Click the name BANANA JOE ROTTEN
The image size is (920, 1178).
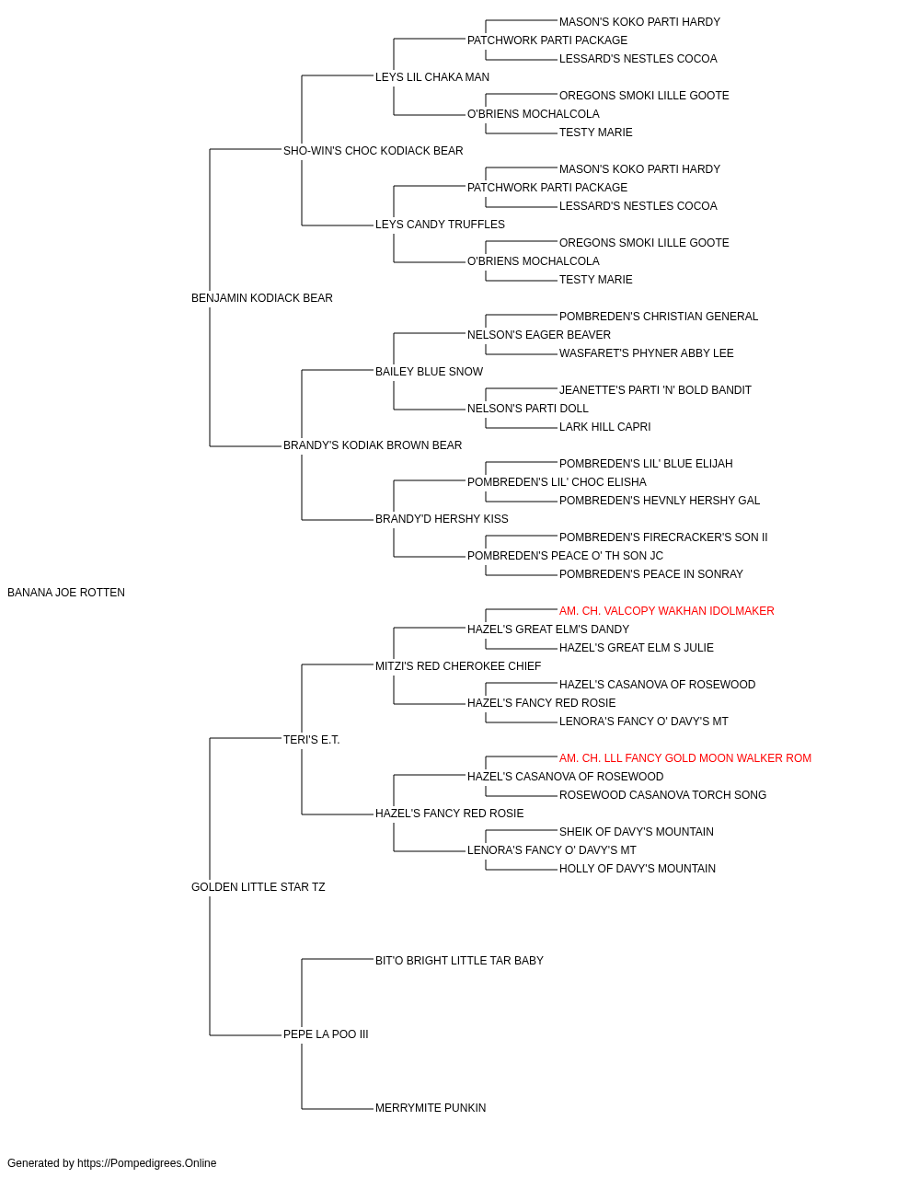(x=66, y=593)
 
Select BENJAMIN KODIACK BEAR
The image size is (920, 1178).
(x=261, y=298)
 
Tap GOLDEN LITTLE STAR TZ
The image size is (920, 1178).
(x=258, y=887)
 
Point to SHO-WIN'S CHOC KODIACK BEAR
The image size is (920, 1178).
(x=373, y=151)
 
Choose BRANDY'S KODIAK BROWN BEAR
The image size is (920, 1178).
(x=373, y=445)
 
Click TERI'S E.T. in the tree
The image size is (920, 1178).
(x=312, y=740)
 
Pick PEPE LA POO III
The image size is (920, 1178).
(x=326, y=1034)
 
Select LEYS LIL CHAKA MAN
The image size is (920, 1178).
(x=432, y=77)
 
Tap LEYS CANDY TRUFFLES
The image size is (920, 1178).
(x=440, y=225)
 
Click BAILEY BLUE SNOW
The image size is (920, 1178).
(x=429, y=372)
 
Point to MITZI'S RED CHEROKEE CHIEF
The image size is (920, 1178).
(x=458, y=666)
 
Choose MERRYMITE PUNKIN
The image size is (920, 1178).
(x=431, y=1108)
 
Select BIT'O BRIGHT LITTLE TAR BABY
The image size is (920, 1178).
(x=459, y=961)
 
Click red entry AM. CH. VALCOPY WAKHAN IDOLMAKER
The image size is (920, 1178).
(x=666, y=611)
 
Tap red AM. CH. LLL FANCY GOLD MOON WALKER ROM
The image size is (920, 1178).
(x=685, y=758)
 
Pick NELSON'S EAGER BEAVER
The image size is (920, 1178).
(x=539, y=335)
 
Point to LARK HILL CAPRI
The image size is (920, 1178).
(x=604, y=427)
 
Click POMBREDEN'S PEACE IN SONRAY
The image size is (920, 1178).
(x=650, y=574)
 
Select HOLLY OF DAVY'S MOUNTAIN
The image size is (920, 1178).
(x=638, y=869)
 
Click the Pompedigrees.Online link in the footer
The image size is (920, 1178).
(x=147, y=1163)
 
